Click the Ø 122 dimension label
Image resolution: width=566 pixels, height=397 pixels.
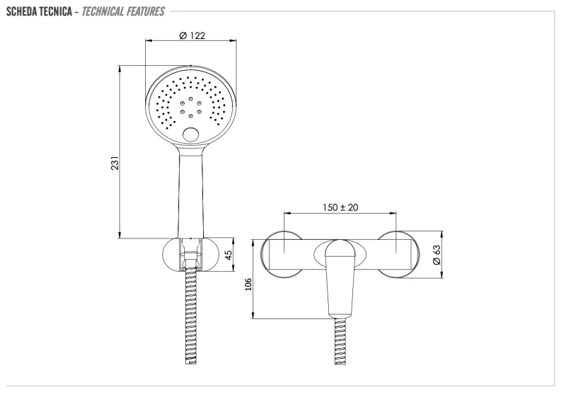[192, 36]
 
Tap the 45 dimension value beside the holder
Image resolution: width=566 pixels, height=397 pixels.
[229, 255]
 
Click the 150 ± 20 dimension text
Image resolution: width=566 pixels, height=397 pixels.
[340, 207]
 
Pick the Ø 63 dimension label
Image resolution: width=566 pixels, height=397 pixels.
[437, 255]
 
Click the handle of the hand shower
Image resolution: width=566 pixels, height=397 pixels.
[191, 191]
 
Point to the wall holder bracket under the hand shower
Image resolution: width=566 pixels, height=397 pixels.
[191, 254]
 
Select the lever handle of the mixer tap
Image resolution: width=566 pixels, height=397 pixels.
[340, 280]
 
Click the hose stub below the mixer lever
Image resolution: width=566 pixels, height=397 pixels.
[340, 340]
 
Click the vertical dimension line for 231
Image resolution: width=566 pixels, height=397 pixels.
[120, 152]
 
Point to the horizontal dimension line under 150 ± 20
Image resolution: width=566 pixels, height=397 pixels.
[340, 213]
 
